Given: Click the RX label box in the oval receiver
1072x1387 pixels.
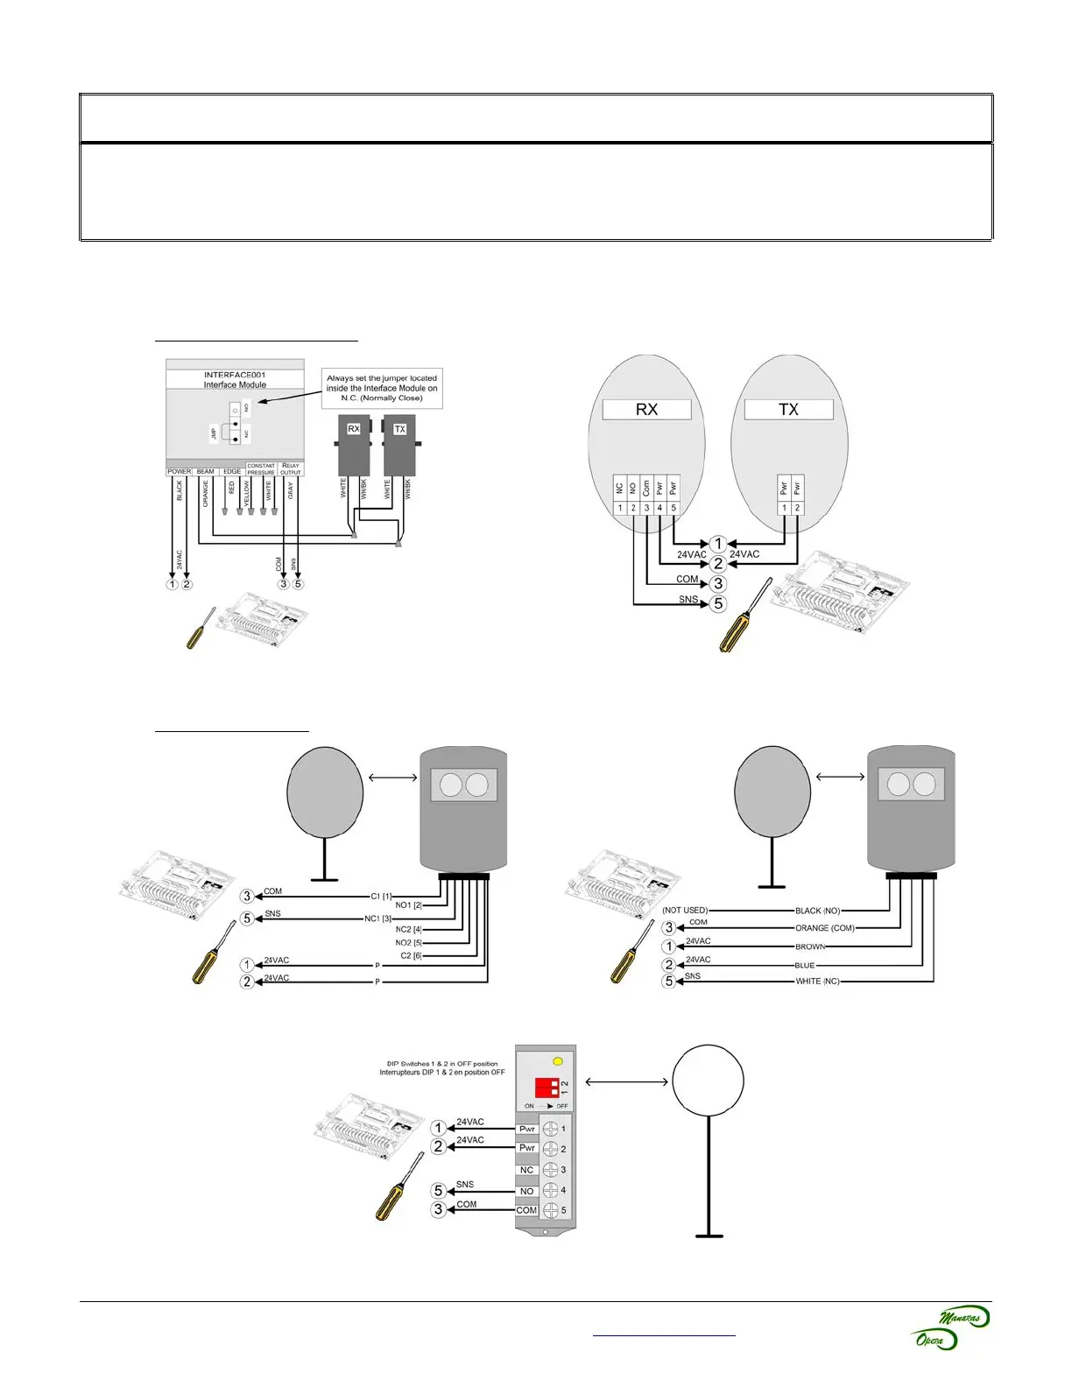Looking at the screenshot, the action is (x=646, y=410).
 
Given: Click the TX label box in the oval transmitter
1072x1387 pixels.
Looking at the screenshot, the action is (x=788, y=410).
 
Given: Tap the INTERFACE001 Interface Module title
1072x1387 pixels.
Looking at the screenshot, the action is (x=235, y=380).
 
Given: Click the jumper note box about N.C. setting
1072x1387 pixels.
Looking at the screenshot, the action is (x=382, y=388).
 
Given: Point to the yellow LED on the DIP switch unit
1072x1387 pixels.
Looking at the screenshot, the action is (x=559, y=1061).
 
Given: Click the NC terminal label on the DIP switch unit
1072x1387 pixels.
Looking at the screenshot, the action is (x=526, y=1170).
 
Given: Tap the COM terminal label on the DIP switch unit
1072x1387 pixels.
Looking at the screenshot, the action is (x=526, y=1210).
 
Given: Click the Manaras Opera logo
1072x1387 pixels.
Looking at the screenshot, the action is (x=949, y=1327).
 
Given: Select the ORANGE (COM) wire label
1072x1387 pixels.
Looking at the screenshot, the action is (x=824, y=928).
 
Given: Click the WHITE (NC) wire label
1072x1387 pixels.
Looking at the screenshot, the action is (x=817, y=982).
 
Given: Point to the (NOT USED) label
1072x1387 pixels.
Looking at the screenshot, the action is (x=685, y=911).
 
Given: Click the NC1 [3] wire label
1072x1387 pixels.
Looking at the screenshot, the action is (x=378, y=919).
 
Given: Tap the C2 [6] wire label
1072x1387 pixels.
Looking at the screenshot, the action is (x=411, y=955).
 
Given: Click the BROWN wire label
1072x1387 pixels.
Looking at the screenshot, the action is (x=810, y=947).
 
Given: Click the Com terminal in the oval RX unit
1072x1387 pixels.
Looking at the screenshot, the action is (x=646, y=488).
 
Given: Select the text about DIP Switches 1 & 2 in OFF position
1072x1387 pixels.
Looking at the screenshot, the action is (x=442, y=1068).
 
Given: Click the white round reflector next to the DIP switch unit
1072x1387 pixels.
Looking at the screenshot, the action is (x=708, y=1081).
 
